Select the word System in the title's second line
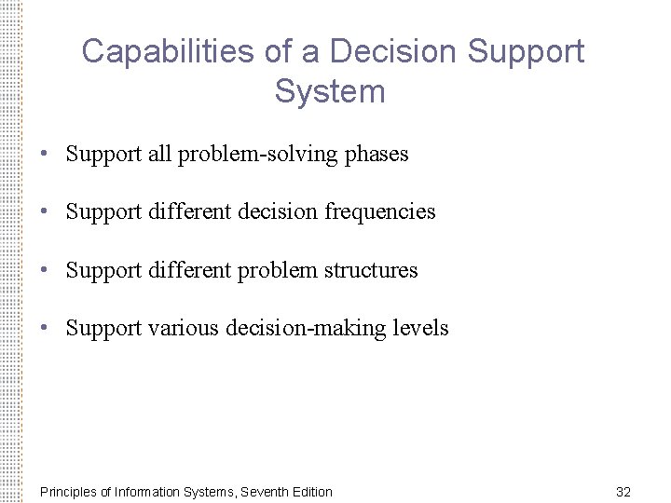pos(330,91)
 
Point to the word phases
pos(377,155)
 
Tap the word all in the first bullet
pos(159,155)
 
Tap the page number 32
pos(623,492)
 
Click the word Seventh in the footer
pos(264,492)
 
